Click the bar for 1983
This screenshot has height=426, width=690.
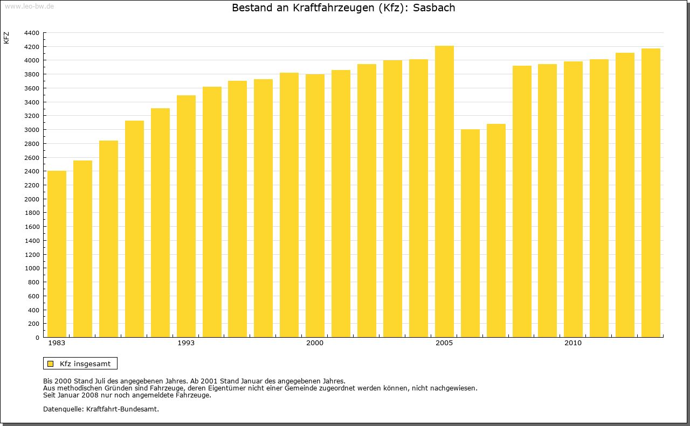pos(57,254)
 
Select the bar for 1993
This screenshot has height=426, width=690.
pos(186,217)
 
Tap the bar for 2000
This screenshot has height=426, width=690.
pos(315,206)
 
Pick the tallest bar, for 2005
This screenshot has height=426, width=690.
pos(444,192)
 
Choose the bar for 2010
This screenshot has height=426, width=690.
pos(573,199)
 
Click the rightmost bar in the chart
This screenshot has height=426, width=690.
pos(651,193)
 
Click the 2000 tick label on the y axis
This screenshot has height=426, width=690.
pos(32,199)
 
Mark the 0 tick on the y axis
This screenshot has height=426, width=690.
pos(37,338)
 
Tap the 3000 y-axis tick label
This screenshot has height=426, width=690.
pos(32,130)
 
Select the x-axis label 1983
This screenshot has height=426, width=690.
pos(57,343)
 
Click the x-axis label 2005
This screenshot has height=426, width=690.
pos(444,343)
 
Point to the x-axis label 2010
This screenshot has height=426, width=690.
pos(573,343)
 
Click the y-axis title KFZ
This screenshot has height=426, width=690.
pos(6,38)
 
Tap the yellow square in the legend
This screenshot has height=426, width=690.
pos(50,364)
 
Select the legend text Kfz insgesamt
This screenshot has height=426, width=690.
pos(85,364)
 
